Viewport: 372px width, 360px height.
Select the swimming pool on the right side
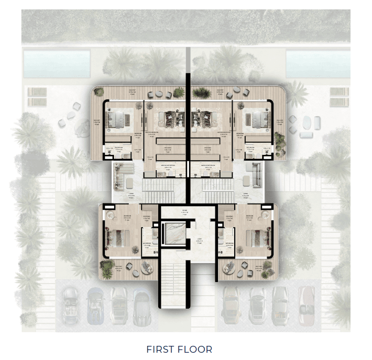click(318, 64)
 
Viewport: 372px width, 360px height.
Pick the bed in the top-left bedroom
click(116, 120)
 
